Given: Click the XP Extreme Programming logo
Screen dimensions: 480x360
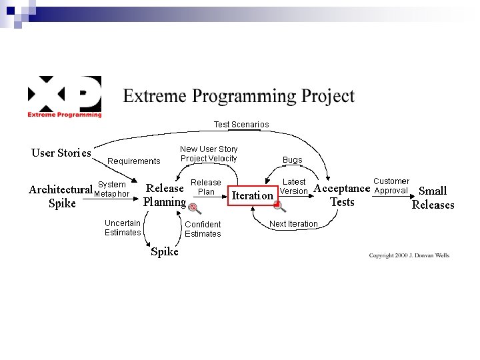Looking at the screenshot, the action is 64,97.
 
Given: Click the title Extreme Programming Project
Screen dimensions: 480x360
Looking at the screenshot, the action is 239,97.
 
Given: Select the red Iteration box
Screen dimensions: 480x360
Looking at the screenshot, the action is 252,195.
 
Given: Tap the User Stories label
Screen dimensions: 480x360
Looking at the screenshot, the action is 61,153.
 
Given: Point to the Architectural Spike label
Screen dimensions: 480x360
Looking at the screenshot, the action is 61,196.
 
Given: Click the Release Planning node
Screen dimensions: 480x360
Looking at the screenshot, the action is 165,195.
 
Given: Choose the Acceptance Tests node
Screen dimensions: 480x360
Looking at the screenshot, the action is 341,195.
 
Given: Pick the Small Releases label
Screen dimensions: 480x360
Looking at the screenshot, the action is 433,198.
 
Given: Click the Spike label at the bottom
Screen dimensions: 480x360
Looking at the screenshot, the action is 165,251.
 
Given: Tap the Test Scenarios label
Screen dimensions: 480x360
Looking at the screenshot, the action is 241,125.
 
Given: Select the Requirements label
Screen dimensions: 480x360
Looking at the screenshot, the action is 134,161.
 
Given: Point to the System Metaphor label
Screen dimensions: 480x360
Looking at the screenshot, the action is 111,189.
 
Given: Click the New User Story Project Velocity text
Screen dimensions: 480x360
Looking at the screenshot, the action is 209,154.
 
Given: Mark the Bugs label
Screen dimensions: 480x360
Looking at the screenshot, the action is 292,160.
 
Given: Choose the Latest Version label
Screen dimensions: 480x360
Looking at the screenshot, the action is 294,187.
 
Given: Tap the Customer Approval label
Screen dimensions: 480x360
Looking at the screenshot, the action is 391,185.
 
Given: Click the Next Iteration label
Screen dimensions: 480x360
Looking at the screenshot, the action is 293,224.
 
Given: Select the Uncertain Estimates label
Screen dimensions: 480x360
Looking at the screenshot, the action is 123,227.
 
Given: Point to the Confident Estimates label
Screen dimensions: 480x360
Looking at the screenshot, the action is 203,229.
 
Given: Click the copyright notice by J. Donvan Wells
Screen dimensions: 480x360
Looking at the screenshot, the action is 409,255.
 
